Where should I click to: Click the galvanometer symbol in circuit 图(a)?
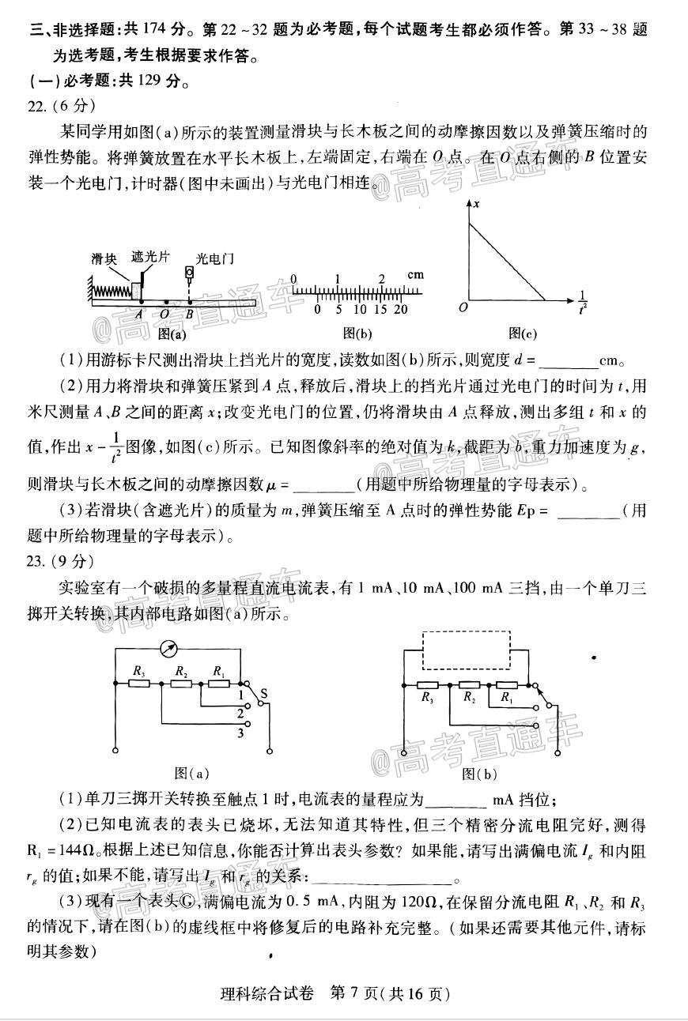point(168,647)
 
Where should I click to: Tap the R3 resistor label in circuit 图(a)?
point(139,671)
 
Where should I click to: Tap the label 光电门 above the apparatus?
point(214,258)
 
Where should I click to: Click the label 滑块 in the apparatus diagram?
point(104,258)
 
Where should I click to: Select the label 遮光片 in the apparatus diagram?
point(150,257)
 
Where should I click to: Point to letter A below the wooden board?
point(139,313)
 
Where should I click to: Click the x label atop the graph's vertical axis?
point(477,204)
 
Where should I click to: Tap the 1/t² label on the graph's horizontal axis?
point(583,302)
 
